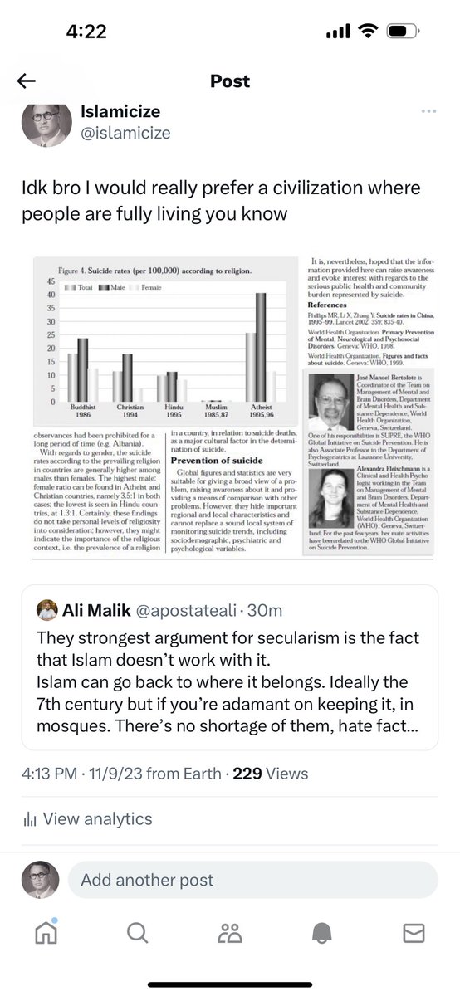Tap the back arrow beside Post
coord(27,81)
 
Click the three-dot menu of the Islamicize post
coord(428,112)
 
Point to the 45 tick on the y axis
coord(51,281)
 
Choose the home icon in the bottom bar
coord(46,934)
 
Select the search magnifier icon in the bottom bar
coord(137,934)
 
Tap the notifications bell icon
coord(321,934)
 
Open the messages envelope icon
coord(414,934)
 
